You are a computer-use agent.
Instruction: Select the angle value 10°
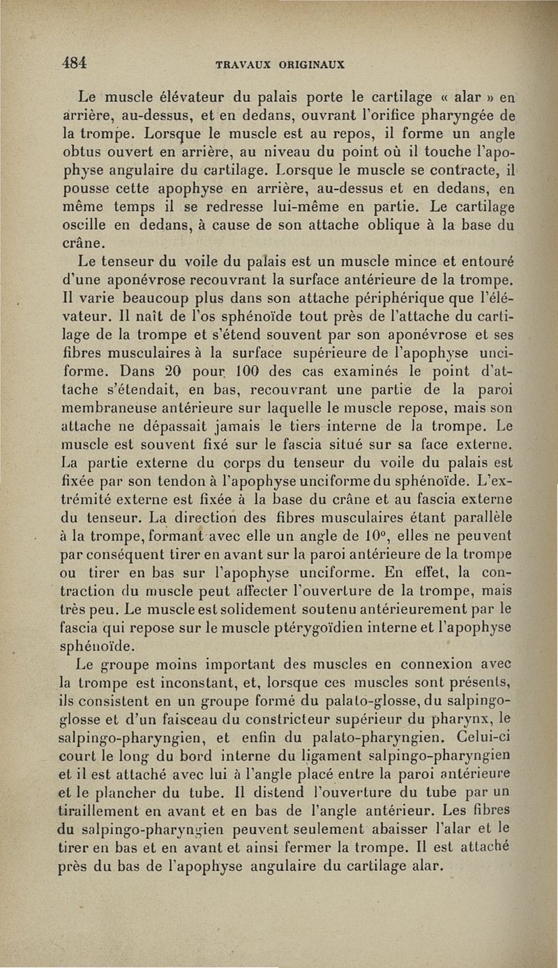tap(402, 535)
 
